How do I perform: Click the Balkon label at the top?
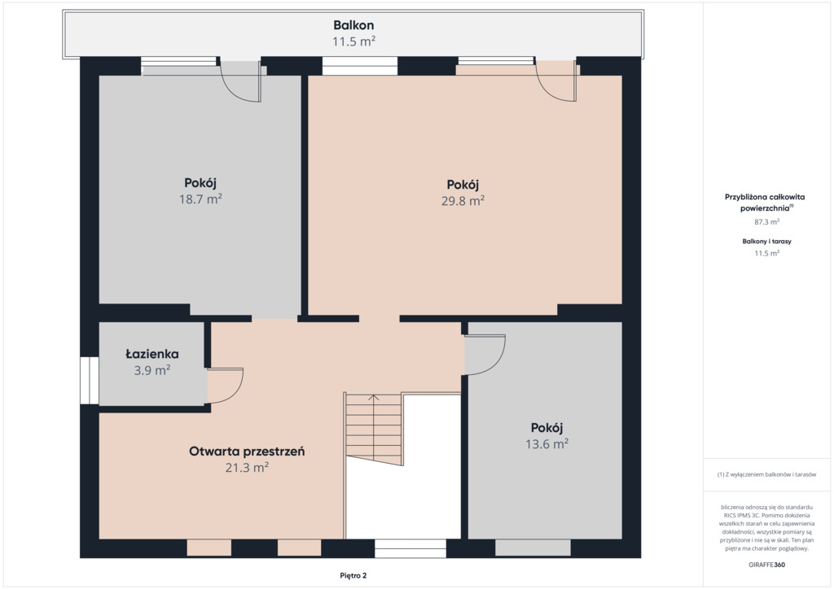click(353, 25)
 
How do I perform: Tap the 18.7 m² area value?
click(200, 199)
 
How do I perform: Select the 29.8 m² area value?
click(463, 201)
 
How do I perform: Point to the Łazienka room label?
click(152, 354)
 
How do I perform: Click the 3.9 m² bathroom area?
click(152, 370)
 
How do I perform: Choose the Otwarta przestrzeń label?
click(247, 452)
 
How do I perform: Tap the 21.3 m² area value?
click(247, 468)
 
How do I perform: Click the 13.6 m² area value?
click(546, 444)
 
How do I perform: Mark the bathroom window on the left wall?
click(90, 380)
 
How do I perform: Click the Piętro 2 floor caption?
click(353, 575)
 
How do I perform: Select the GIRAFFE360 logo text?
click(766, 565)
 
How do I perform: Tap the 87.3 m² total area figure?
click(766, 222)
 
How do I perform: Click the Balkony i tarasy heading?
click(766, 241)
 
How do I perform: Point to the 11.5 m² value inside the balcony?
click(353, 41)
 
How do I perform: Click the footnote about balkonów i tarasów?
click(766, 474)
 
